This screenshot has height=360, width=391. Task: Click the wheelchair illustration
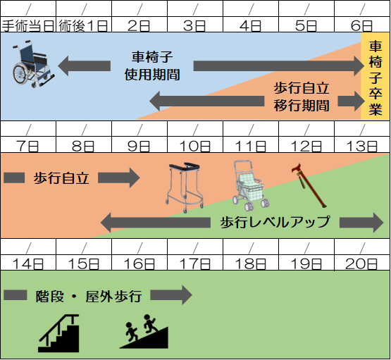coord(33,64)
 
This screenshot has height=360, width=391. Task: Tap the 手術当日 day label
coord(28,26)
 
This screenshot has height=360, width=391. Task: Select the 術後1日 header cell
coord(84,25)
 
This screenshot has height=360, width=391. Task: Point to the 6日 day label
coord(361,26)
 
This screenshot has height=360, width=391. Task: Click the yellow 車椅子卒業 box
coord(376,76)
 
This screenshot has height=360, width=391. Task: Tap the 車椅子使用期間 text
coord(152,66)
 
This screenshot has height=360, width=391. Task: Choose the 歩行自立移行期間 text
coord(302,97)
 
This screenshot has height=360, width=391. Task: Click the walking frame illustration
coord(185,187)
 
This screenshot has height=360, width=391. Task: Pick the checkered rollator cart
coord(250,185)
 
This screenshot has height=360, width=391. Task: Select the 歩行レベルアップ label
coord(275,222)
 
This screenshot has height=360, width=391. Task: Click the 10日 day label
coord(194,146)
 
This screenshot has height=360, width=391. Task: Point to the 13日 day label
coord(361,146)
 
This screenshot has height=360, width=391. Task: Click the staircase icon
coord(59,333)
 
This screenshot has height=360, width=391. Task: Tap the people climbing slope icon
coord(144,332)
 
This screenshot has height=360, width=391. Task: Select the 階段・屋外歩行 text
coord(89,297)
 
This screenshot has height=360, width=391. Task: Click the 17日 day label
coord(194,263)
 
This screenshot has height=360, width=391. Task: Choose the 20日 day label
coord(361,263)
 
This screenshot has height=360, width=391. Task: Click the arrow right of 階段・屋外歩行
coord(171,295)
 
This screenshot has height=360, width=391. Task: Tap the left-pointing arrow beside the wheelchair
coord(85,66)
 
